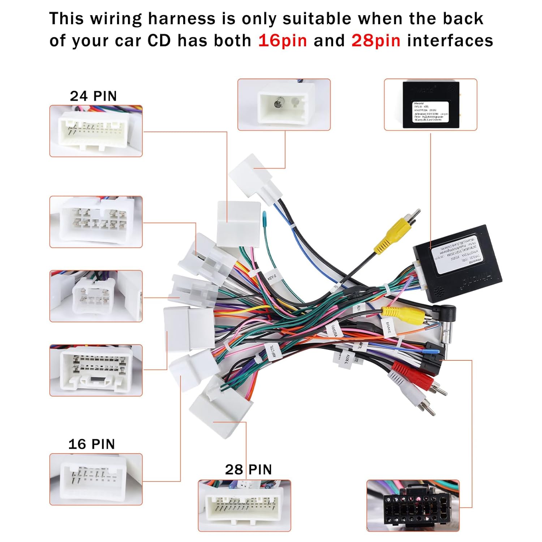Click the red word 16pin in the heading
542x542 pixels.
282,40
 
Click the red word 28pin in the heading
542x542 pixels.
376,40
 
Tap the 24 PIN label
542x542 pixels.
93,96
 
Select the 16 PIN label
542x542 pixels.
91,444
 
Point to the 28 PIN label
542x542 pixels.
248,470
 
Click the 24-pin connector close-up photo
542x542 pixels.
96,131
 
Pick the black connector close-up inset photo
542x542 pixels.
413,506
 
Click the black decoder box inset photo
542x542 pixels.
430,104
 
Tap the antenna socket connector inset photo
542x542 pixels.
284,104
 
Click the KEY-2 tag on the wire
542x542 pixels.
272,278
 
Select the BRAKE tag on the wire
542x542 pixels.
388,327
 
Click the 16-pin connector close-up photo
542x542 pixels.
96,479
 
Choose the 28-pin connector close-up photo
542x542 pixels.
244,506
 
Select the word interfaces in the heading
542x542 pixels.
450,40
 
